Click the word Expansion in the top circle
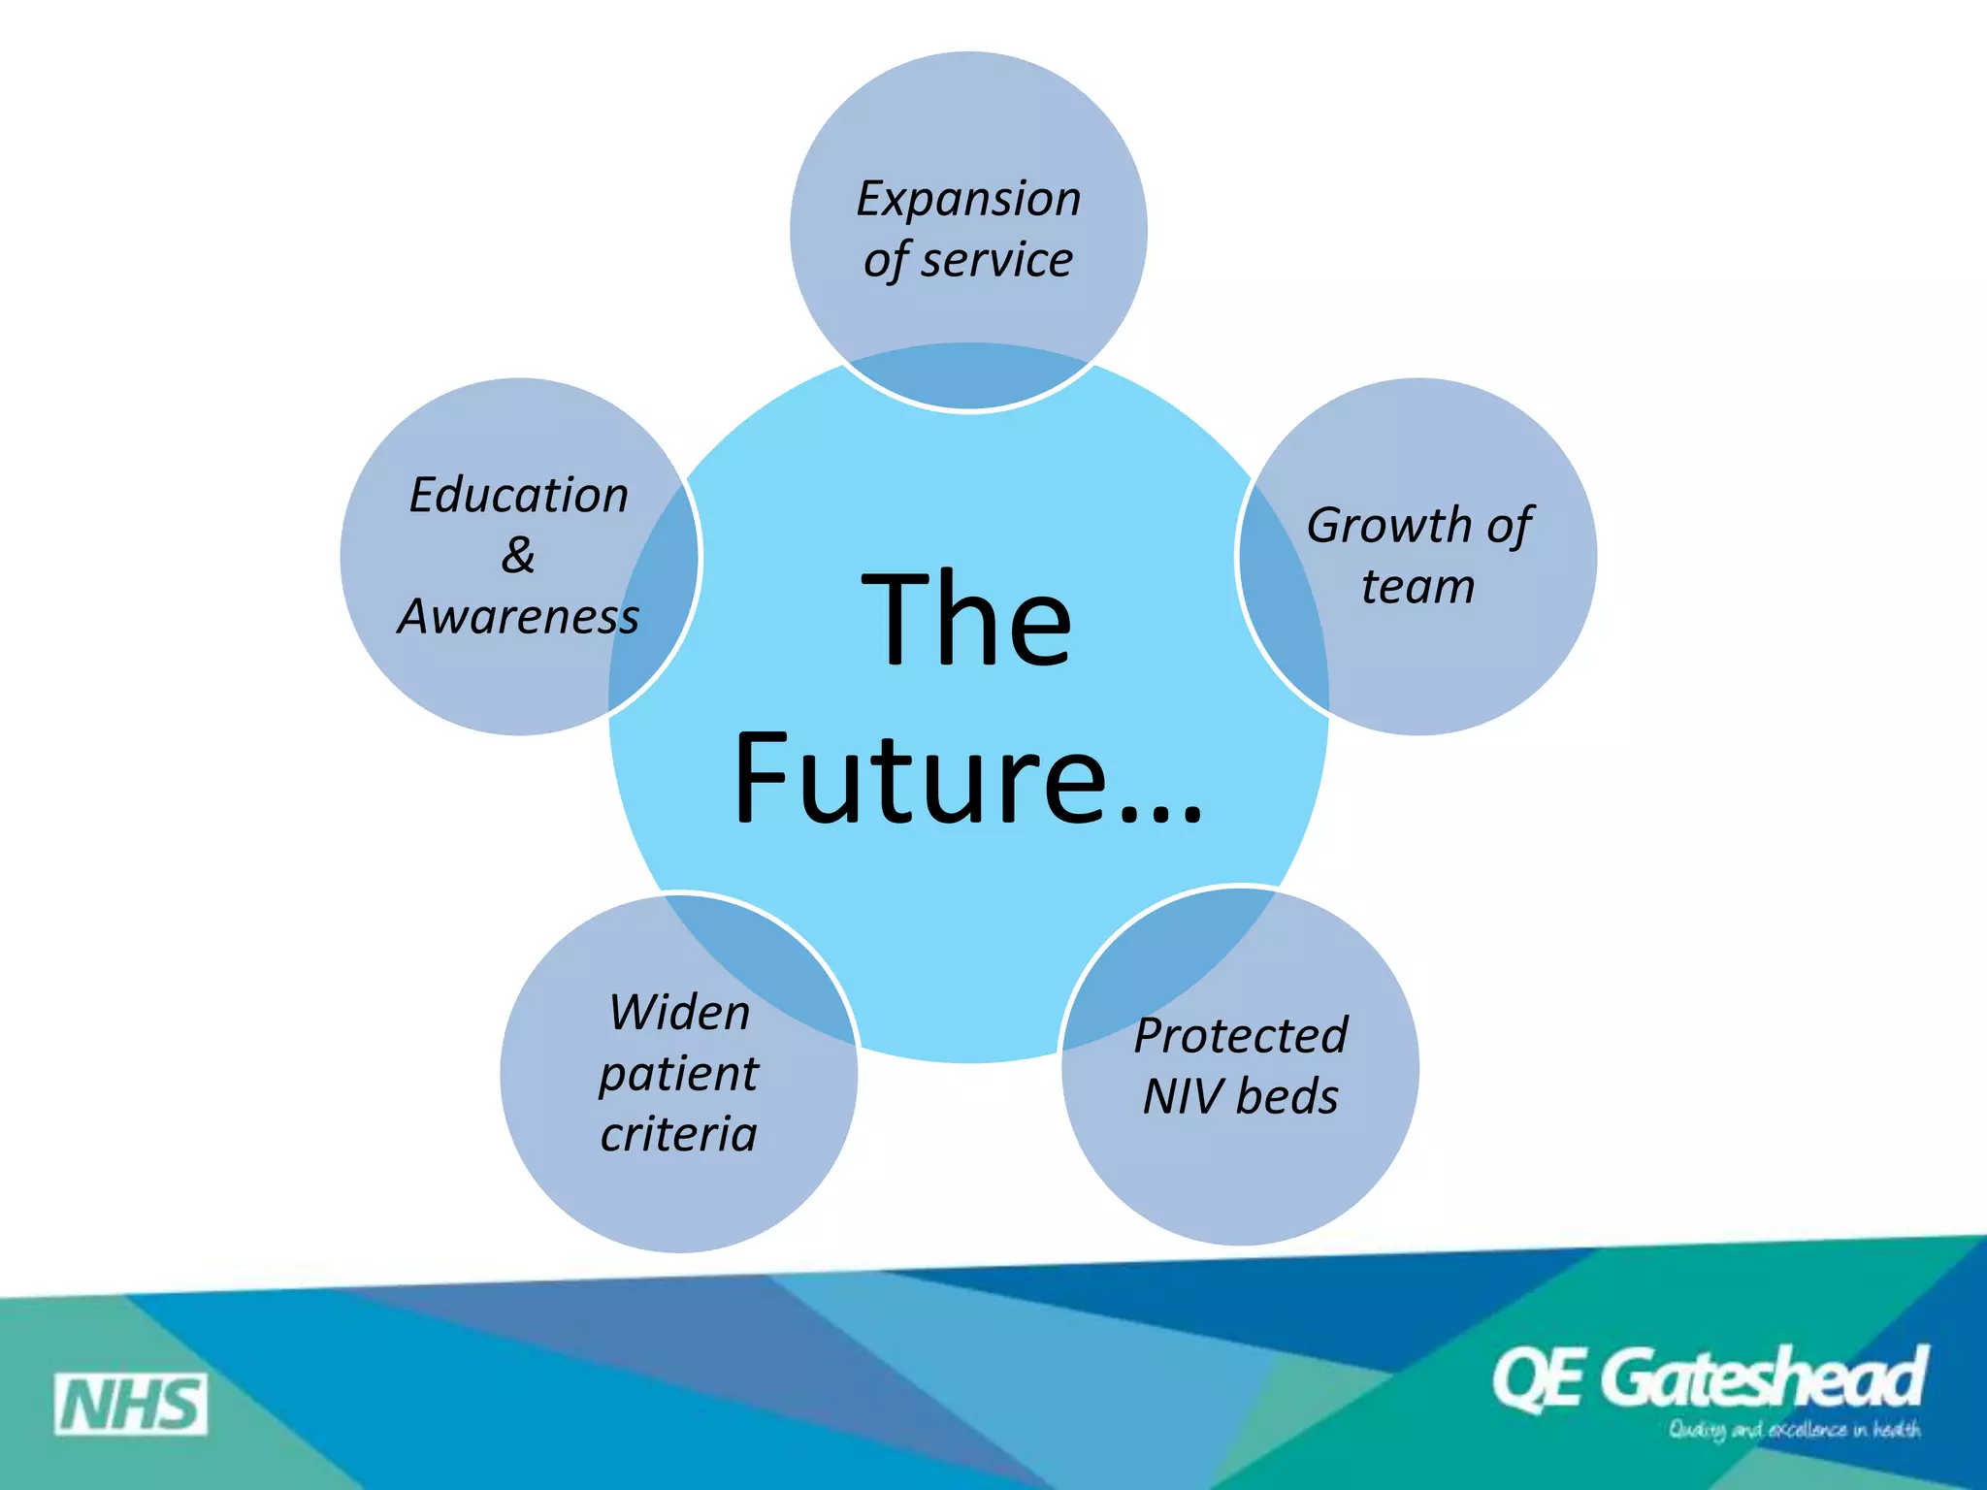point(968,200)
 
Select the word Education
point(519,495)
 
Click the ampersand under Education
point(518,556)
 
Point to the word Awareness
point(519,617)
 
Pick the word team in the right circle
point(1417,587)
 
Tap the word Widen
point(679,1013)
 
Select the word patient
point(678,1075)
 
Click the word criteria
point(678,1135)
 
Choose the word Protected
point(1241,1036)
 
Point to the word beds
point(1287,1097)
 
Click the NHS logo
point(131,1404)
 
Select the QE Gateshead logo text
point(1710,1378)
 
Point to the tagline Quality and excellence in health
point(1794,1430)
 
